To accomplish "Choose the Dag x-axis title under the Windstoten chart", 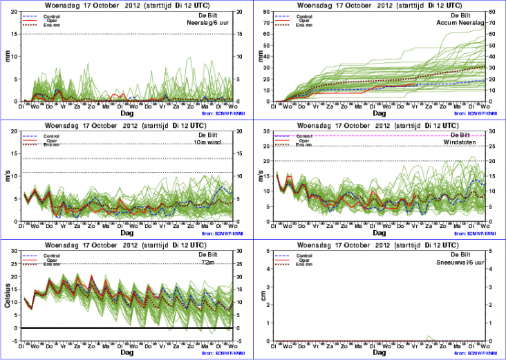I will (x=379, y=232).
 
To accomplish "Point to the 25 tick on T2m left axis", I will (x=16, y=263).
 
